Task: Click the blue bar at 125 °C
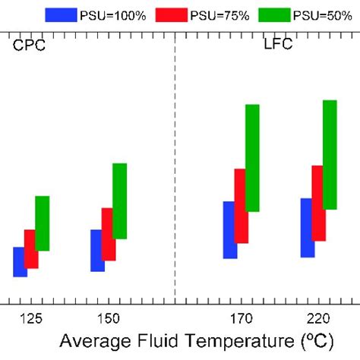click(21, 262)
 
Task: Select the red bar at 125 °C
click(31, 248)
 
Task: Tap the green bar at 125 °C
click(43, 223)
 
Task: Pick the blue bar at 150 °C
click(97, 250)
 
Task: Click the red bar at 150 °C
click(108, 234)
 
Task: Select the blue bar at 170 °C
click(229, 229)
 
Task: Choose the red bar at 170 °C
click(241, 206)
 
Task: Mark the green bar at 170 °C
click(252, 158)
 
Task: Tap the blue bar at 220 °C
click(307, 228)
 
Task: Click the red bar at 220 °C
click(318, 203)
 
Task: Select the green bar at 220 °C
click(330, 154)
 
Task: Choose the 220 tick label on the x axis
click(317, 315)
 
